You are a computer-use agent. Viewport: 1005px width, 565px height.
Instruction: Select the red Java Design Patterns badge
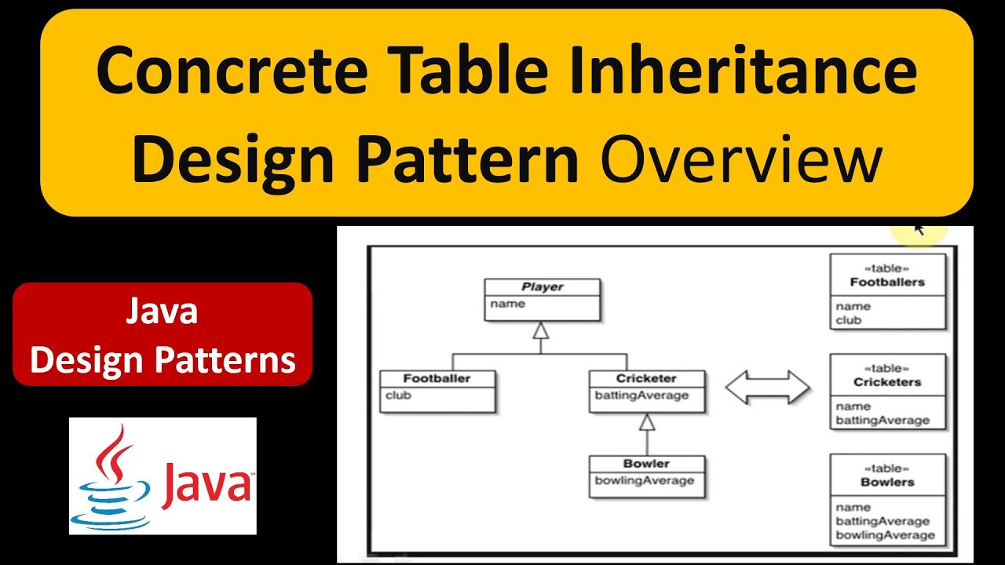pos(163,335)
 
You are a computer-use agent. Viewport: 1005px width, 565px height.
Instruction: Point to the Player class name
pos(543,286)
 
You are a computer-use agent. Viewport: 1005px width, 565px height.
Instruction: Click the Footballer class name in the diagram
pos(437,378)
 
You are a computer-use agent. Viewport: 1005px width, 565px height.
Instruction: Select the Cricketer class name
pos(646,378)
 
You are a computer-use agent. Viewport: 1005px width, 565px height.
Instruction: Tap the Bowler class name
pos(646,463)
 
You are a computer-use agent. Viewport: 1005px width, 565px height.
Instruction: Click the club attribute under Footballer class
pos(398,395)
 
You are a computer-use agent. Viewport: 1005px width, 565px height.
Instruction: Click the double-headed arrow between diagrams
pos(766,388)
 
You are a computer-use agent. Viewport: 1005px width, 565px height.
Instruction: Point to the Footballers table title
pos(887,282)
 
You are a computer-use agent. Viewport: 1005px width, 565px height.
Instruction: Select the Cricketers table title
pos(887,382)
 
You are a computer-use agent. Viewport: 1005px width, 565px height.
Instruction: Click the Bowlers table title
pos(887,482)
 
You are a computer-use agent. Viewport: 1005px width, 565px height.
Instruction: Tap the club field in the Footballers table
pos(849,320)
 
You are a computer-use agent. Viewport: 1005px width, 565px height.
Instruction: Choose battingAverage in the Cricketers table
pos(882,421)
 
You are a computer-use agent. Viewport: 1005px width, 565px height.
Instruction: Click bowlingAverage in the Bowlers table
pos(885,535)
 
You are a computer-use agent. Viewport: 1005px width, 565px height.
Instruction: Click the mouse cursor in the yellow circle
pos(919,229)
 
